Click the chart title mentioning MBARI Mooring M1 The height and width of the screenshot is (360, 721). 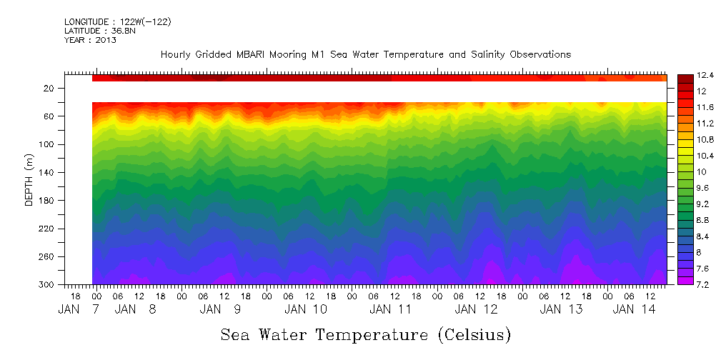[x=365, y=55]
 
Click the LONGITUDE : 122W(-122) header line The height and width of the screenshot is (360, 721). [x=117, y=22]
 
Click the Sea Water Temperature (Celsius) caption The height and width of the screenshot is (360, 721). [x=365, y=334]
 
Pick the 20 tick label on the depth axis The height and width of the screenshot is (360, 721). [x=49, y=89]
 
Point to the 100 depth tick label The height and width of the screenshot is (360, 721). [x=47, y=144]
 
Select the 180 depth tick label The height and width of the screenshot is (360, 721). [x=47, y=201]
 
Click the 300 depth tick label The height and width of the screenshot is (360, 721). [x=47, y=285]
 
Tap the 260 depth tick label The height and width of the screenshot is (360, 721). [x=47, y=256]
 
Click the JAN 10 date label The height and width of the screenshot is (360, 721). [x=306, y=309]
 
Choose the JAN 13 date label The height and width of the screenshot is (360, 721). [x=561, y=309]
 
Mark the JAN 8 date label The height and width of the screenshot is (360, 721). [x=136, y=309]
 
